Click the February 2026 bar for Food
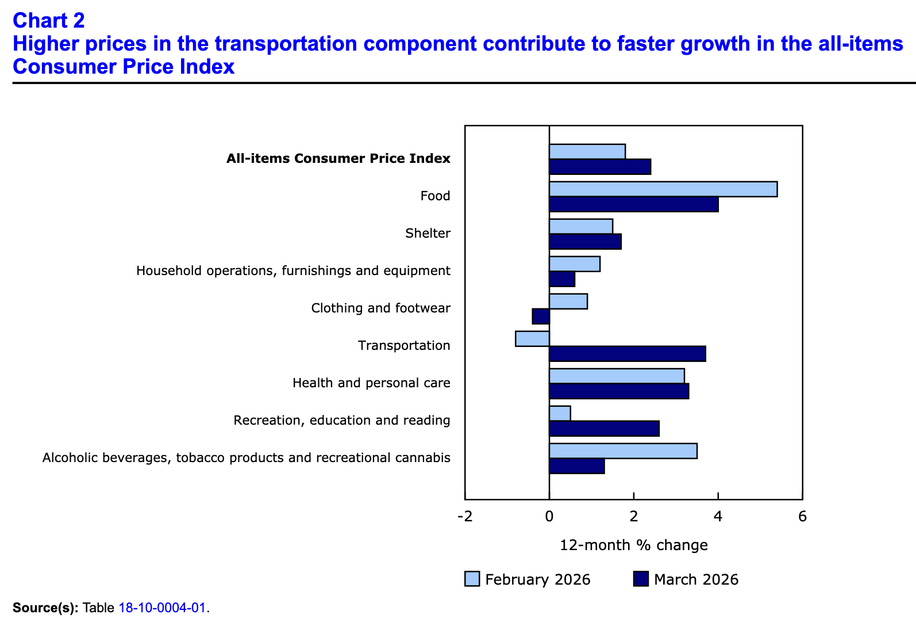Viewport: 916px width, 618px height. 663,189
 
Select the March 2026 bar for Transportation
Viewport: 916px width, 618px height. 628,354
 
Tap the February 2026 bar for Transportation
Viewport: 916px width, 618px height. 533,339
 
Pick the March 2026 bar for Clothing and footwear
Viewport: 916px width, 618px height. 541,316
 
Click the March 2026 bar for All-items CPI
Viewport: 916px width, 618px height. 600,167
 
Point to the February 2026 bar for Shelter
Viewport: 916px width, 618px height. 581,227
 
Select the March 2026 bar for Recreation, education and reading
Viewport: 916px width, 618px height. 604,429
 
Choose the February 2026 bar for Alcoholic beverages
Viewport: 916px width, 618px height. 623,451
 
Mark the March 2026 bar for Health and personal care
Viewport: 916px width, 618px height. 619,391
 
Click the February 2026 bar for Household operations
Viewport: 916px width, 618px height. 575,264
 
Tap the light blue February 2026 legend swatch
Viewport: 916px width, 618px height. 472,579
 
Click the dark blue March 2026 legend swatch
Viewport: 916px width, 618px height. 641,579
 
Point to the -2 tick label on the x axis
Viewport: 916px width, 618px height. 464,516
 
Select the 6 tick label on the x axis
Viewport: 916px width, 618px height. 802,516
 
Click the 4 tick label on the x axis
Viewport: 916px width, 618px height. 718,516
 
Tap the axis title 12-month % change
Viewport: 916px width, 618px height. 633,545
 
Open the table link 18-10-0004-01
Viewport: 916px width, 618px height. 162,608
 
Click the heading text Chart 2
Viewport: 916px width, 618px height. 49,21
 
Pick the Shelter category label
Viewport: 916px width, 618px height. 428,234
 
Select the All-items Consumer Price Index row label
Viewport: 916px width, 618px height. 338,159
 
